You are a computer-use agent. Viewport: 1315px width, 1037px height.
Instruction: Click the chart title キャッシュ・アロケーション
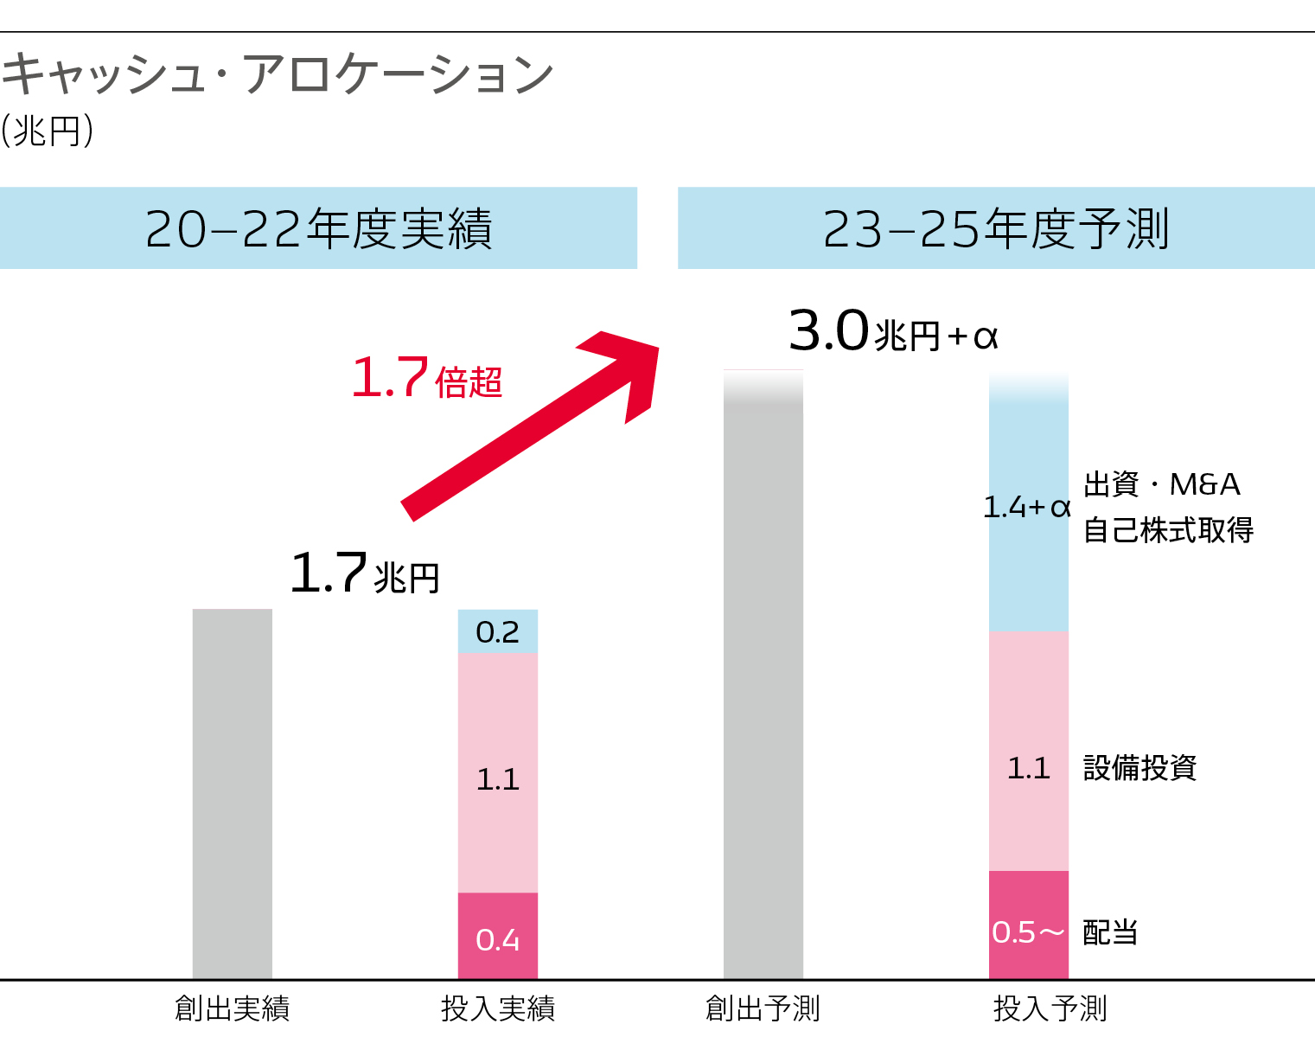tap(277, 74)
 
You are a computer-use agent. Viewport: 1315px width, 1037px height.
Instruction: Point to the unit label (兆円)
tap(47, 132)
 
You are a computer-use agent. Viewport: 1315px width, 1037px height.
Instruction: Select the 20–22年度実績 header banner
tap(318, 228)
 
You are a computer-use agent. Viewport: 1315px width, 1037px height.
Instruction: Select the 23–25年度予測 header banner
tap(996, 228)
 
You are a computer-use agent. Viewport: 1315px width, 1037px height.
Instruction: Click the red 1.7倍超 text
tap(426, 379)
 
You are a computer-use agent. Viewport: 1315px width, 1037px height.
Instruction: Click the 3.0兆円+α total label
tap(892, 332)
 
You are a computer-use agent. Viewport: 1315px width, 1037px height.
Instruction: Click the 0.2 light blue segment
tap(497, 632)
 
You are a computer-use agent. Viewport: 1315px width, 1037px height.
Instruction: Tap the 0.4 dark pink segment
tap(497, 938)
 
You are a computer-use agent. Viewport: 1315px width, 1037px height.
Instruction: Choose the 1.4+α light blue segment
tap(1028, 506)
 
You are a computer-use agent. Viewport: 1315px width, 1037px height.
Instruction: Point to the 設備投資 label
tap(1139, 767)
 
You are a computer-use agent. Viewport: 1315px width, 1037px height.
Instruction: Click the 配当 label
tap(1110, 932)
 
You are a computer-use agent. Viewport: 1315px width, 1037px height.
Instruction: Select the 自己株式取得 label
tap(1168, 529)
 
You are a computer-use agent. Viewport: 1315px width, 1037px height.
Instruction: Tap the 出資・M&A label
tap(1161, 484)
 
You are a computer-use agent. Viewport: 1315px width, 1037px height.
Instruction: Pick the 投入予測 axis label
tap(1050, 1008)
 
